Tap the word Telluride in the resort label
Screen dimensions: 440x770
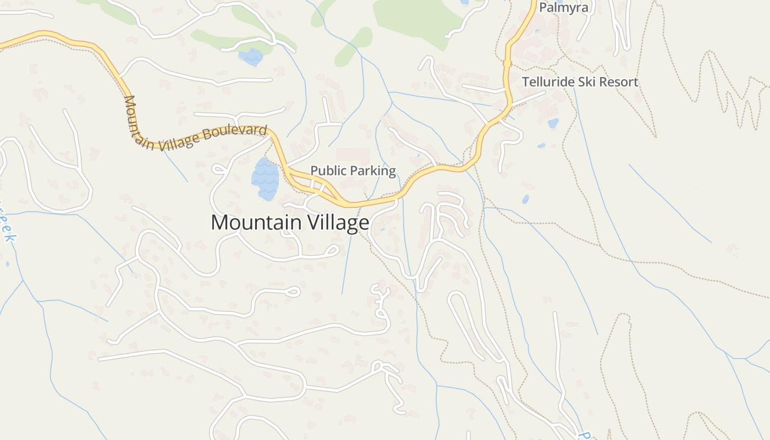(548, 82)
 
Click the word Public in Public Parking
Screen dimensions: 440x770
(328, 171)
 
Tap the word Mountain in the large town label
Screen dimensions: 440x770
(256, 223)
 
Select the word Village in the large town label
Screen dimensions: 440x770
(338, 223)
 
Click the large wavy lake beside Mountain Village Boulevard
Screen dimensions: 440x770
(265, 179)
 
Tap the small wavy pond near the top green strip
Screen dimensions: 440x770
(251, 57)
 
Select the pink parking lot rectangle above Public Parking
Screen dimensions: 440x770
(353, 155)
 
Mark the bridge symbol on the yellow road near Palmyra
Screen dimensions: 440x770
(507, 63)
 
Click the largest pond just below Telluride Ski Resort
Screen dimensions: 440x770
(553, 123)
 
